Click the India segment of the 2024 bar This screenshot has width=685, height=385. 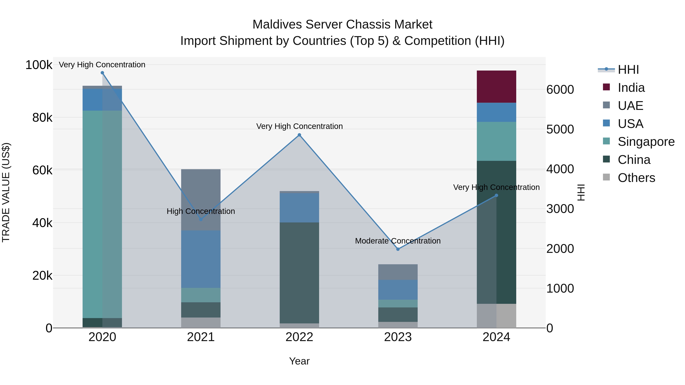click(496, 87)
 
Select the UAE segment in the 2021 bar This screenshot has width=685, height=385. click(201, 199)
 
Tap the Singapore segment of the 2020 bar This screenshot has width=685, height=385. click(102, 214)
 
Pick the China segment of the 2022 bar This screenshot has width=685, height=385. click(299, 272)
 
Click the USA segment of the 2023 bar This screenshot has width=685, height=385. click(398, 289)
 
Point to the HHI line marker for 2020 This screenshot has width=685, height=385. click(102, 73)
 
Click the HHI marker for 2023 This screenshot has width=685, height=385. click(398, 249)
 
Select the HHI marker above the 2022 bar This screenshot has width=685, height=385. click(299, 135)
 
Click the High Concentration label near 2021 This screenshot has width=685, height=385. click(201, 211)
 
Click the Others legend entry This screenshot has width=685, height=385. click(636, 178)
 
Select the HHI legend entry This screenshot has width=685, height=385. click(628, 70)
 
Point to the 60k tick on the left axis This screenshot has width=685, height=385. click(42, 170)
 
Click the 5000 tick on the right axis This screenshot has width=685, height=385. click(560, 129)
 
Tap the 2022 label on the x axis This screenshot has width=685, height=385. click(299, 337)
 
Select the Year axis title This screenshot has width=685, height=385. click(299, 361)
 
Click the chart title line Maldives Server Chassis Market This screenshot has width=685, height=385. click(342, 25)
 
